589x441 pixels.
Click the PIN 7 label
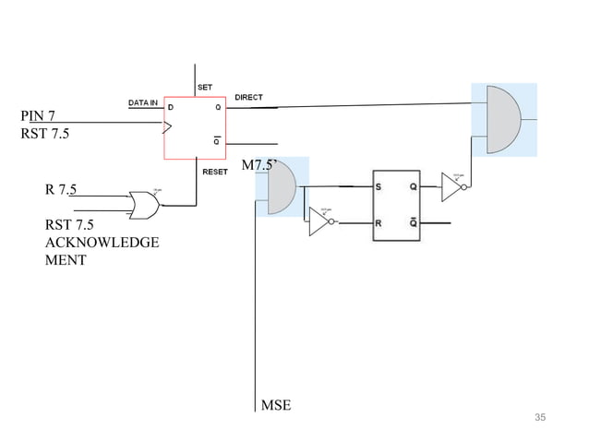(x=38, y=115)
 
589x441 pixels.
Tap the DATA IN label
(x=143, y=101)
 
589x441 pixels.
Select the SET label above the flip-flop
(x=205, y=87)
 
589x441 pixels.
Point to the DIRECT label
(x=249, y=96)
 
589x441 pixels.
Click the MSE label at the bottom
(x=276, y=405)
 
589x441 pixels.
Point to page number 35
(x=540, y=418)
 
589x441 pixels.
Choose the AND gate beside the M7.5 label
(x=281, y=186)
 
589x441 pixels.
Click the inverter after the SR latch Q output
(x=455, y=187)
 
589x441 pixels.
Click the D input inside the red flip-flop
(x=170, y=107)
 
